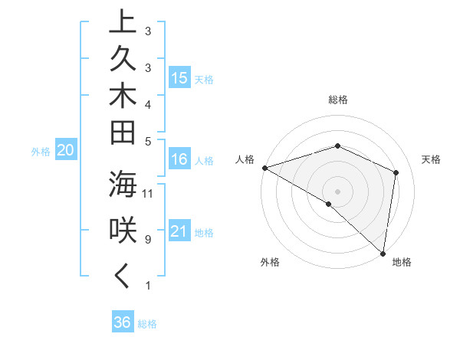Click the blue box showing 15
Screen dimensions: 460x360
pyautogui.click(x=179, y=77)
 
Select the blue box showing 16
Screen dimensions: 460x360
pyautogui.click(x=179, y=159)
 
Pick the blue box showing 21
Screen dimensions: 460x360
pyautogui.click(x=179, y=231)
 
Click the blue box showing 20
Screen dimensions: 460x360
pyautogui.click(x=66, y=151)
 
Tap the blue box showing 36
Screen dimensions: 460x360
pyautogui.click(x=123, y=322)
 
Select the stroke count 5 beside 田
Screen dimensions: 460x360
pyautogui.click(x=147, y=142)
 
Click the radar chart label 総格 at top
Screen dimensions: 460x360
pyautogui.click(x=338, y=100)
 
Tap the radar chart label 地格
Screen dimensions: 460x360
pyautogui.click(x=402, y=262)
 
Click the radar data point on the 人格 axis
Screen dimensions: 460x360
pyautogui.click(x=264, y=167)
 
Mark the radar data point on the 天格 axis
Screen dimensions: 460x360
pyautogui.click(x=396, y=172)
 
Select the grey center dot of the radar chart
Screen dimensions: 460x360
pyautogui.click(x=337, y=191)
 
